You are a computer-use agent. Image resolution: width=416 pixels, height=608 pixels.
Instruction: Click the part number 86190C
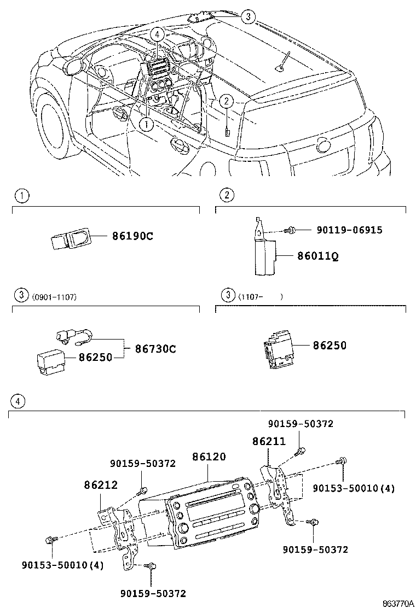(133, 237)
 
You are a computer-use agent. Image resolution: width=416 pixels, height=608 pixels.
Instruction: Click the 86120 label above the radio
(209, 457)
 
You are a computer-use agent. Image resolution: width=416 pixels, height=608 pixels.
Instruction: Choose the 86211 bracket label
(268, 441)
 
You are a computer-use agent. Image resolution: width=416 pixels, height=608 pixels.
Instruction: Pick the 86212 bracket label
(101, 484)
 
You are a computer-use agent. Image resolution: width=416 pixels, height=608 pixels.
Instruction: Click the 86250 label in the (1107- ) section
(330, 346)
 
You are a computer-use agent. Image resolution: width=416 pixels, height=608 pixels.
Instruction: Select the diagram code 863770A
(397, 603)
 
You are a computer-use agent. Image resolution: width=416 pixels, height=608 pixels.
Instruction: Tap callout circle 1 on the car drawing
(146, 124)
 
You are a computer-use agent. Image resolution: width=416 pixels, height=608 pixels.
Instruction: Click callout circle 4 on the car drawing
(158, 34)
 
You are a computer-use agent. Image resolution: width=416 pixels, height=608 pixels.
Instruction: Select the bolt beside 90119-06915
(291, 231)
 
